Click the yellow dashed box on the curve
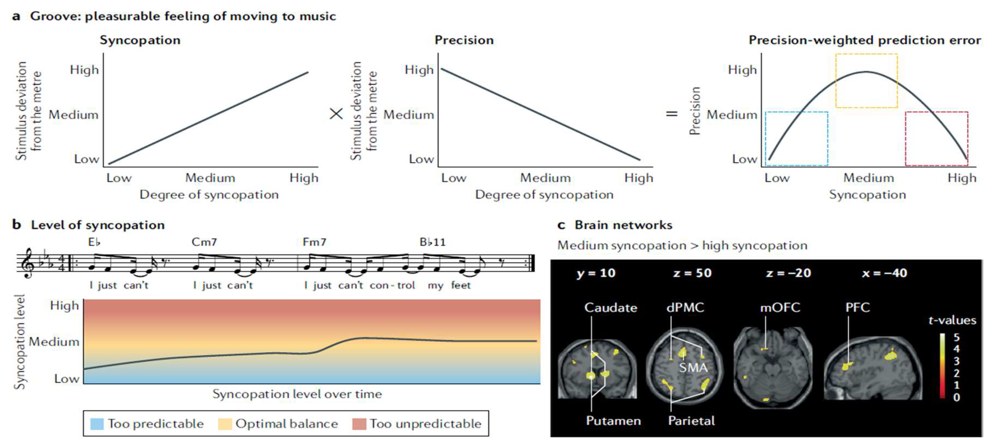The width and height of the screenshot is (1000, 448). pyautogui.click(x=866, y=81)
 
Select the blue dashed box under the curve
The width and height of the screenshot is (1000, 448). pyautogui.click(x=796, y=138)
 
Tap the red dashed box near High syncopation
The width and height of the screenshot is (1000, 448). pyautogui.click(x=936, y=138)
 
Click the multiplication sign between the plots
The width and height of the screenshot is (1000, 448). pyautogui.click(x=336, y=114)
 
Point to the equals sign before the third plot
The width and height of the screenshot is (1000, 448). pyautogui.click(x=672, y=114)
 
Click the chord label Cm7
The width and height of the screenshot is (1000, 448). pyautogui.click(x=204, y=242)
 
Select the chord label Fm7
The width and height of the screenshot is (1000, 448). pyautogui.click(x=315, y=242)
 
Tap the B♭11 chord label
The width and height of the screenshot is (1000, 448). pyautogui.click(x=433, y=242)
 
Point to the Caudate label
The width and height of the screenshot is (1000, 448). pyautogui.click(x=611, y=308)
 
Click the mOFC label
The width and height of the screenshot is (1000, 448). pyautogui.click(x=780, y=308)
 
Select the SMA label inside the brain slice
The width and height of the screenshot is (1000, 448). pyautogui.click(x=693, y=367)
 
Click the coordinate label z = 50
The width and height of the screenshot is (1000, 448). pyautogui.click(x=692, y=273)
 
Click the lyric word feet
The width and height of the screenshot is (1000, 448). pyautogui.click(x=461, y=286)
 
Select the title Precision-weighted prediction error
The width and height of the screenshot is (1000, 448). pyautogui.click(x=865, y=40)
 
